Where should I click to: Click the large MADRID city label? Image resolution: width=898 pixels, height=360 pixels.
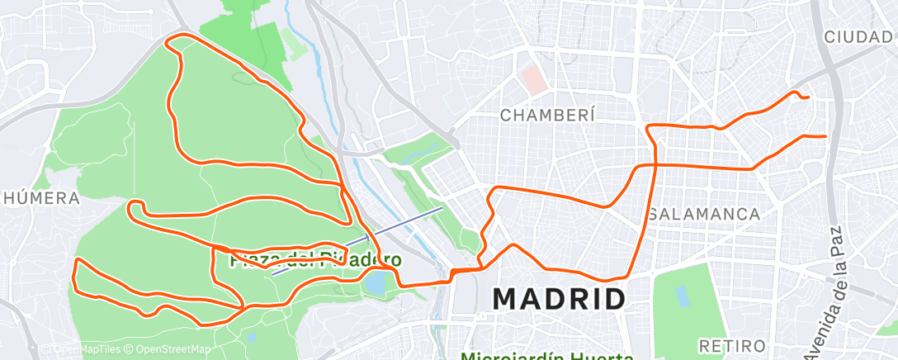[559, 299]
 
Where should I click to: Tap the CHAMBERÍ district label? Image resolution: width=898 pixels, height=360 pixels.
[547, 116]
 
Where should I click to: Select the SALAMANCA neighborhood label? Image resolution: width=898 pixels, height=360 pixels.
[704, 214]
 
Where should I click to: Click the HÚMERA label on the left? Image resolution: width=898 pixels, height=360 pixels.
[39, 198]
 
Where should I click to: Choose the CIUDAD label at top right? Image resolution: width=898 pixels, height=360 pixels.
[859, 37]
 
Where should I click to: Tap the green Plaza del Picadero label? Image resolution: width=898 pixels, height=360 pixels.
[315, 259]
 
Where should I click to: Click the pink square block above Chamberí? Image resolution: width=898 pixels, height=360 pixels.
[533, 80]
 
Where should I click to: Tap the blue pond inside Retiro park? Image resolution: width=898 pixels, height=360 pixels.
[682, 296]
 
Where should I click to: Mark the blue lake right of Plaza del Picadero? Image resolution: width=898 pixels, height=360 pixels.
[374, 283]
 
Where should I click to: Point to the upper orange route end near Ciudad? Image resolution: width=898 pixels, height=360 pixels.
[807, 97]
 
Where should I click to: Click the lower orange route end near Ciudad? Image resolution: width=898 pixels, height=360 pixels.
[825, 136]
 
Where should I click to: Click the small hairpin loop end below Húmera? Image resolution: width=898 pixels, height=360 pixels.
[130, 207]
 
